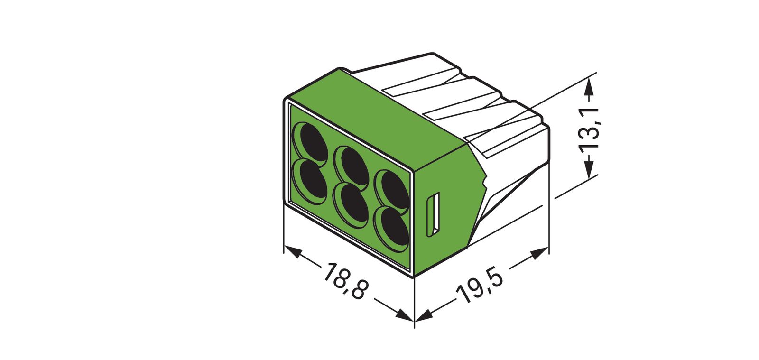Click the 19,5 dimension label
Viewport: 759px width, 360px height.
point(479,286)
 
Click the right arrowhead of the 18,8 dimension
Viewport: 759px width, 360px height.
point(404,315)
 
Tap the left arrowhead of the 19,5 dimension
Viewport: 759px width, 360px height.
point(424,315)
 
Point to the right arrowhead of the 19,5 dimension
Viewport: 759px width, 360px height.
point(538,254)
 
